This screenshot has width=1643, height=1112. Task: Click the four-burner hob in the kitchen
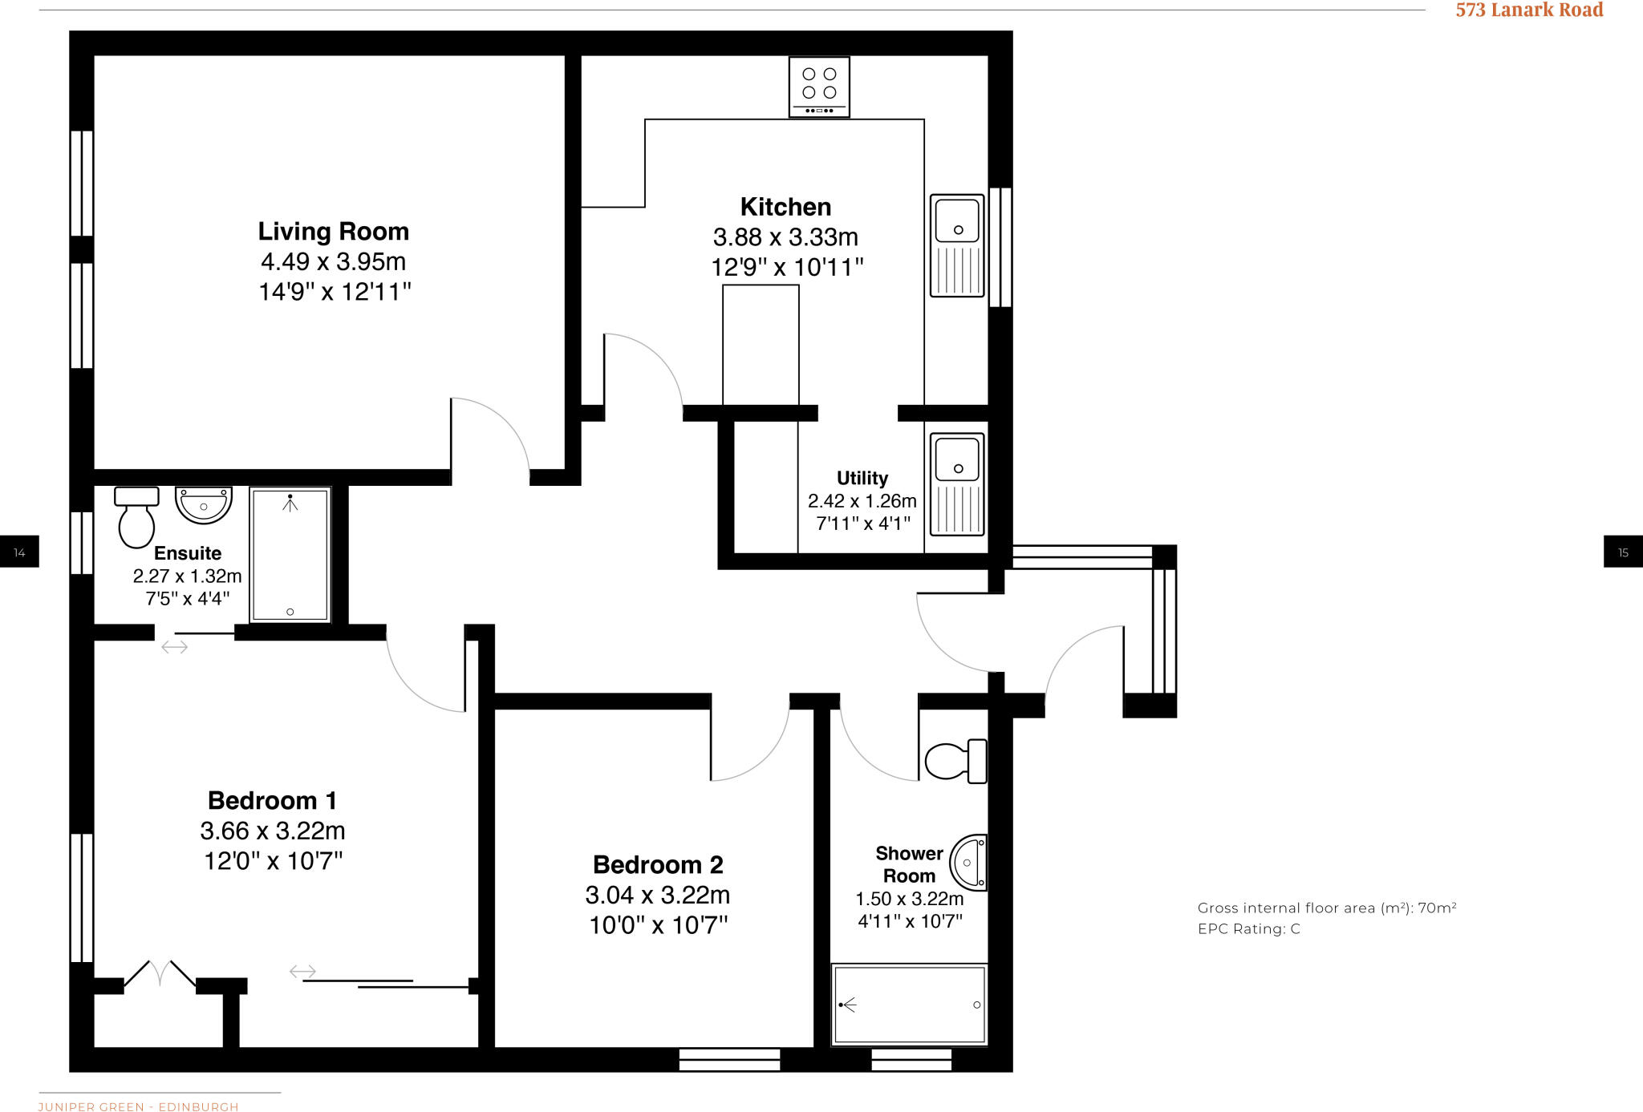tap(818, 87)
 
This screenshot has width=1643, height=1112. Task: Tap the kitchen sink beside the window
tap(957, 245)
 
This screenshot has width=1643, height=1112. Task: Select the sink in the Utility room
tap(957, 483)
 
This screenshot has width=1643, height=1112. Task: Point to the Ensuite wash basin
tap(203, 504)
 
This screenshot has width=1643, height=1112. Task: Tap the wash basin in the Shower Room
tap(969, 863)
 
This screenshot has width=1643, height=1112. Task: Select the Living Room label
tap(333, 232)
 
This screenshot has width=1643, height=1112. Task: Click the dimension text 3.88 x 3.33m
tap(785, 237)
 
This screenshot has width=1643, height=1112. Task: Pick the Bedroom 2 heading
tap(658, 864)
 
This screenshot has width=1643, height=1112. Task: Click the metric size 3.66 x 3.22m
tap(273, 831)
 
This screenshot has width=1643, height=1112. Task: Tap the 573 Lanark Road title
tap(1529, 10)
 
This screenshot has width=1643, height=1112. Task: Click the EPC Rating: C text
tap(1248, 929)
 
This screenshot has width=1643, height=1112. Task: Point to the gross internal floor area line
tap(1326, 908)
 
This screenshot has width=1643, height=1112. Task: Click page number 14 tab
tap(19, 552)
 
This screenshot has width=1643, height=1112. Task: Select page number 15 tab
tap(1623, 552)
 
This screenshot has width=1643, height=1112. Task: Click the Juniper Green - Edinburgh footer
tap(138, 1106)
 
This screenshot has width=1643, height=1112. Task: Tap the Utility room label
tap(862, 478)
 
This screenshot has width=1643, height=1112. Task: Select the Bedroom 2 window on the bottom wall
tap(729, 1059)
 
